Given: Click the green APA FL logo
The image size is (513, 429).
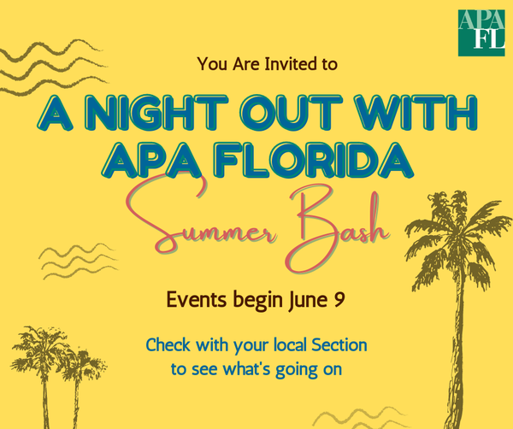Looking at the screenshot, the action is click(481, 32).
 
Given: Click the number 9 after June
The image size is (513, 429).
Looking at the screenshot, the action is click(339, 300).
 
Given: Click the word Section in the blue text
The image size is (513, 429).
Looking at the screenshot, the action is click(339, 345).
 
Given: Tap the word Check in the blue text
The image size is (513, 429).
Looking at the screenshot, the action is click(168, 345).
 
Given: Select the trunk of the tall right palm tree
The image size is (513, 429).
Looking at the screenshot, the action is click(457, 353).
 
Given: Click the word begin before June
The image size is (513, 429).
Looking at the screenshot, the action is click(257, 300).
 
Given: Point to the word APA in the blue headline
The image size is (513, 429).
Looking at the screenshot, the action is click(154, 160).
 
